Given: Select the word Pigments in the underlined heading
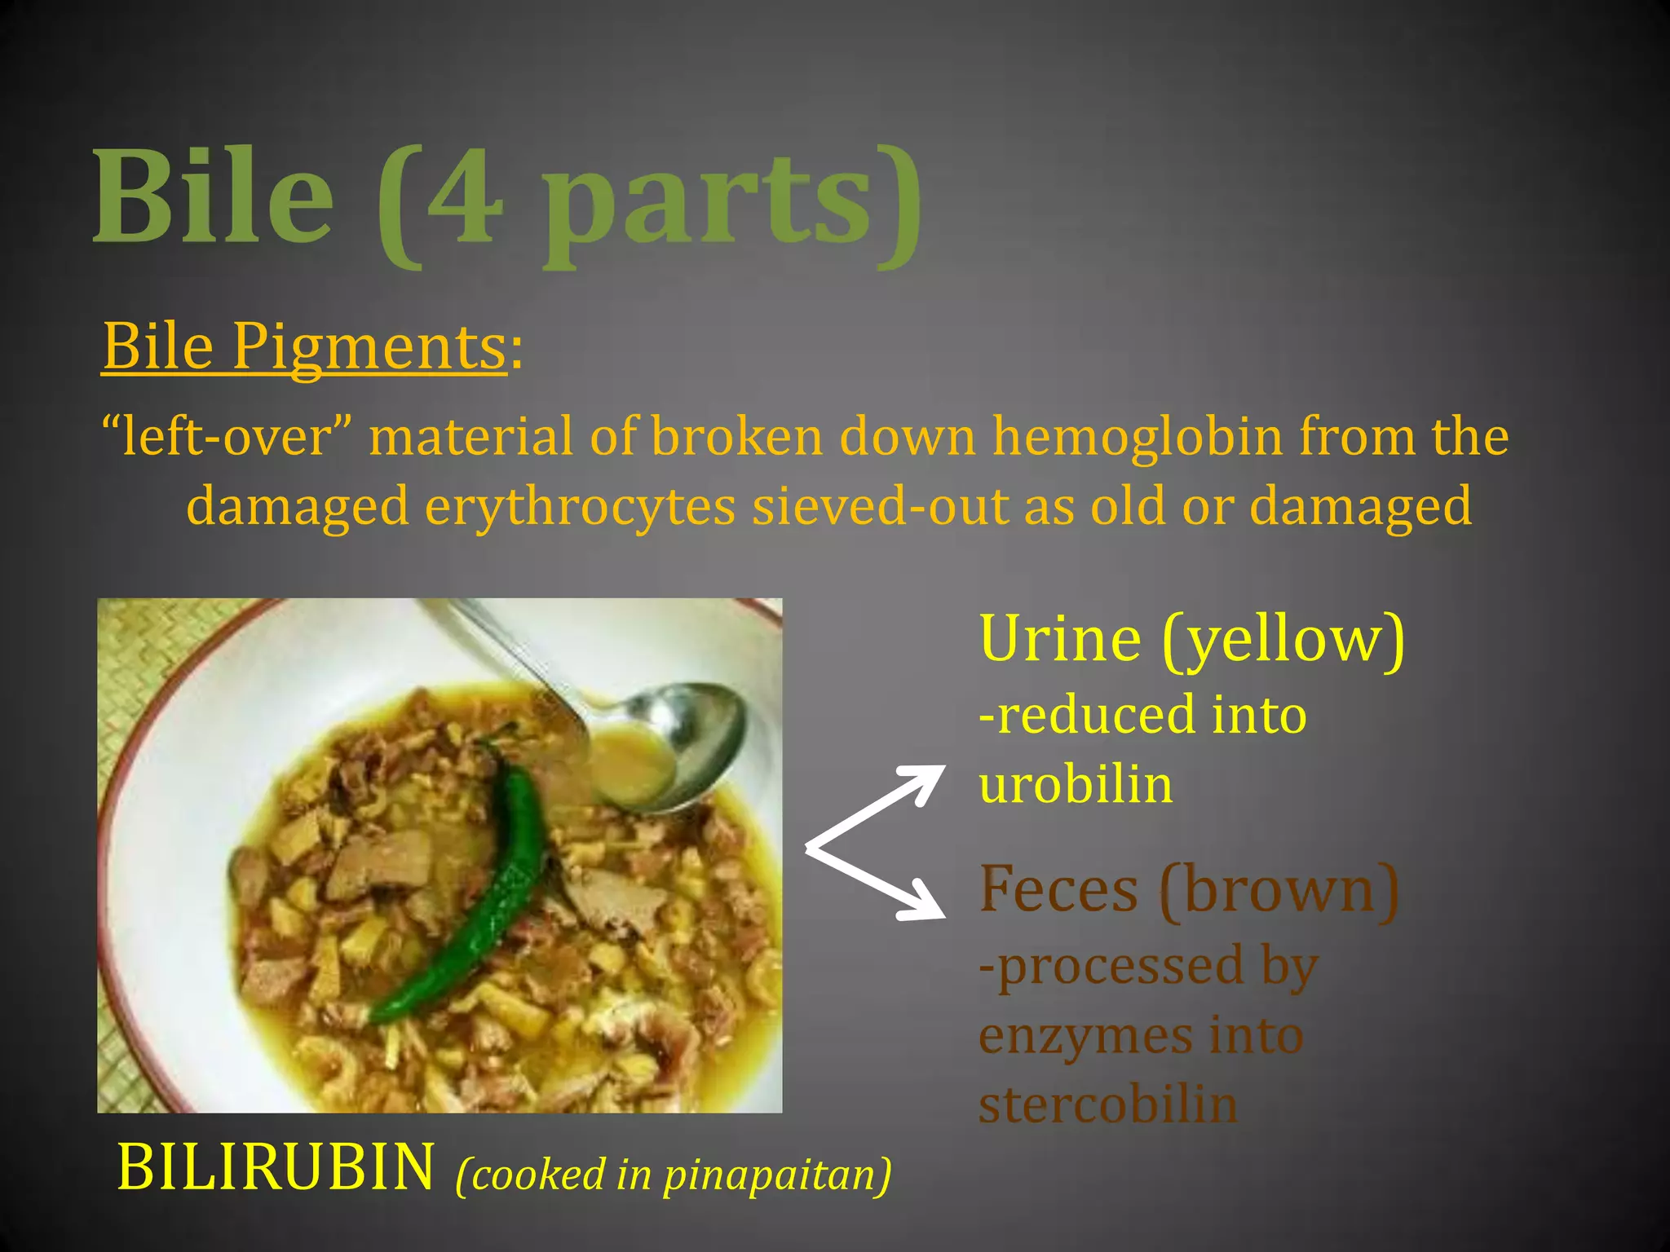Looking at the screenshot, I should [369, 347].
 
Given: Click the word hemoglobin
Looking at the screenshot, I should [1138, 437].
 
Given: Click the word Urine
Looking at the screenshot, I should [1060, 639].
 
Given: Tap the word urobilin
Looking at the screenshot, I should [1076, 785].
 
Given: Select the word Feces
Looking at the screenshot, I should [1058, 890].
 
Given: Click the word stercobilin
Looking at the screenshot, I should [1108, 1106].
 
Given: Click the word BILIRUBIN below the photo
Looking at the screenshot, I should [276, 1168].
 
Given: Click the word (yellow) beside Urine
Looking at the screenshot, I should [1283, 641].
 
